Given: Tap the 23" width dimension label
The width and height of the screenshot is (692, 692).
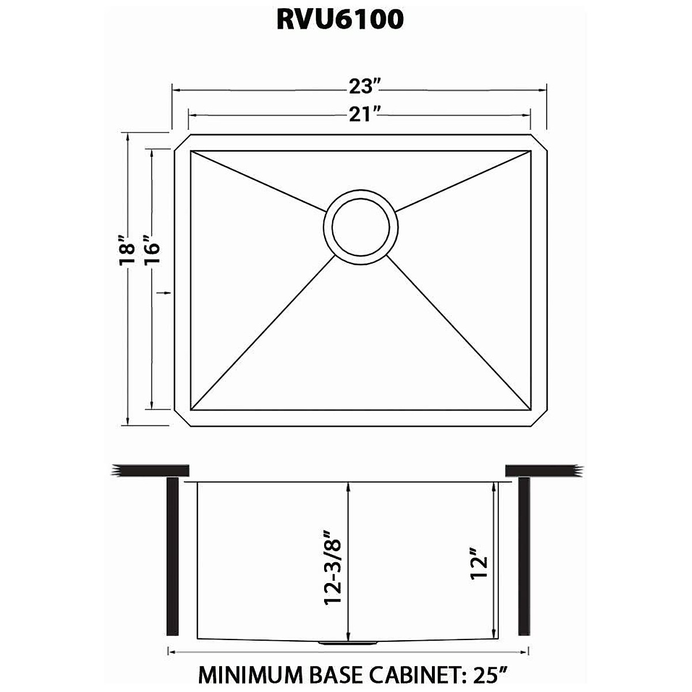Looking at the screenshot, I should (364, 88).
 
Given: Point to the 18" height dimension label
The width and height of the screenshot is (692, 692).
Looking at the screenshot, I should (126, 250).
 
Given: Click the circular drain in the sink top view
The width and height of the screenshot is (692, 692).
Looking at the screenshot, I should (361, 226).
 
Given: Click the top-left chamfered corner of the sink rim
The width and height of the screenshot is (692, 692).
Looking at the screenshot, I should (181, 142).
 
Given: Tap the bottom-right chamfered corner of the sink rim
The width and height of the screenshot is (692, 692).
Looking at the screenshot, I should (539, 419).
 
